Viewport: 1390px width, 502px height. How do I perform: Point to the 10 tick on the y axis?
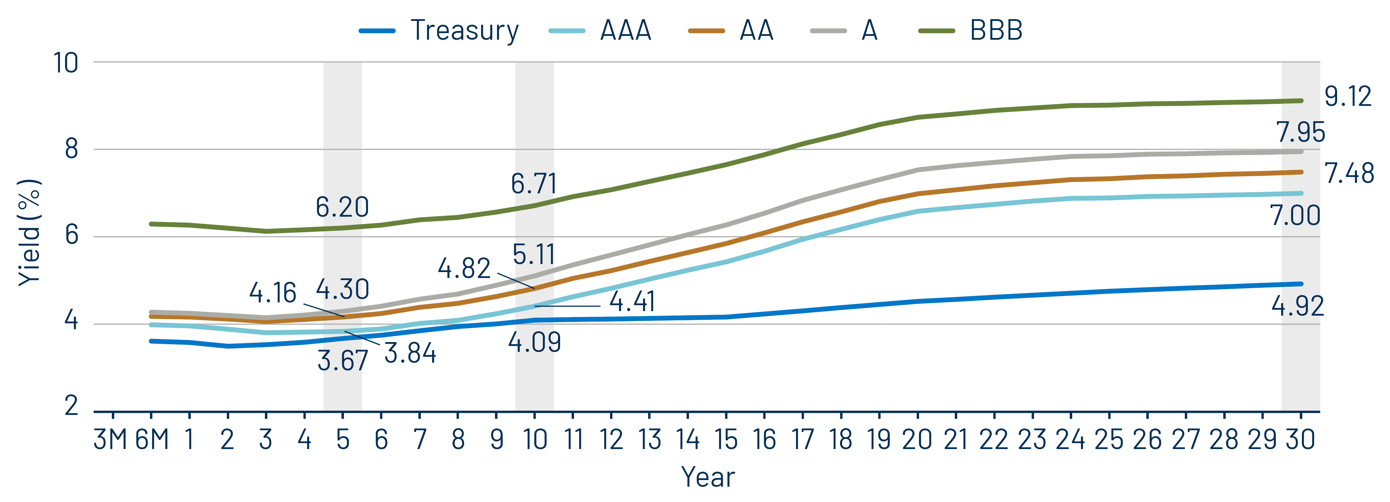66,63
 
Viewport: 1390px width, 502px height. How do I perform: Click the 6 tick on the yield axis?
71,235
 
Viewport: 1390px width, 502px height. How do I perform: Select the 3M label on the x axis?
111,439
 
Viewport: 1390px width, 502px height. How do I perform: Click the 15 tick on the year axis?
726,439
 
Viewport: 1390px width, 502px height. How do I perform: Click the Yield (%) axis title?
30,232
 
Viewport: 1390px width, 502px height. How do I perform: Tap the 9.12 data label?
1348,97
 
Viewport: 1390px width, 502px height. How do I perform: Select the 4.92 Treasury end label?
1297,307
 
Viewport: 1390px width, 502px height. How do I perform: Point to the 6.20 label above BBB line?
342,207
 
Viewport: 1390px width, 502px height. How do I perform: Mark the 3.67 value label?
343,361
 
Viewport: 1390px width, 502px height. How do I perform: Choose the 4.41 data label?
632,301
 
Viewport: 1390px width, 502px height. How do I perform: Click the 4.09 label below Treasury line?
534,342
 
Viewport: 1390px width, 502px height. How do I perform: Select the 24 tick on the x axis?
1070,439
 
